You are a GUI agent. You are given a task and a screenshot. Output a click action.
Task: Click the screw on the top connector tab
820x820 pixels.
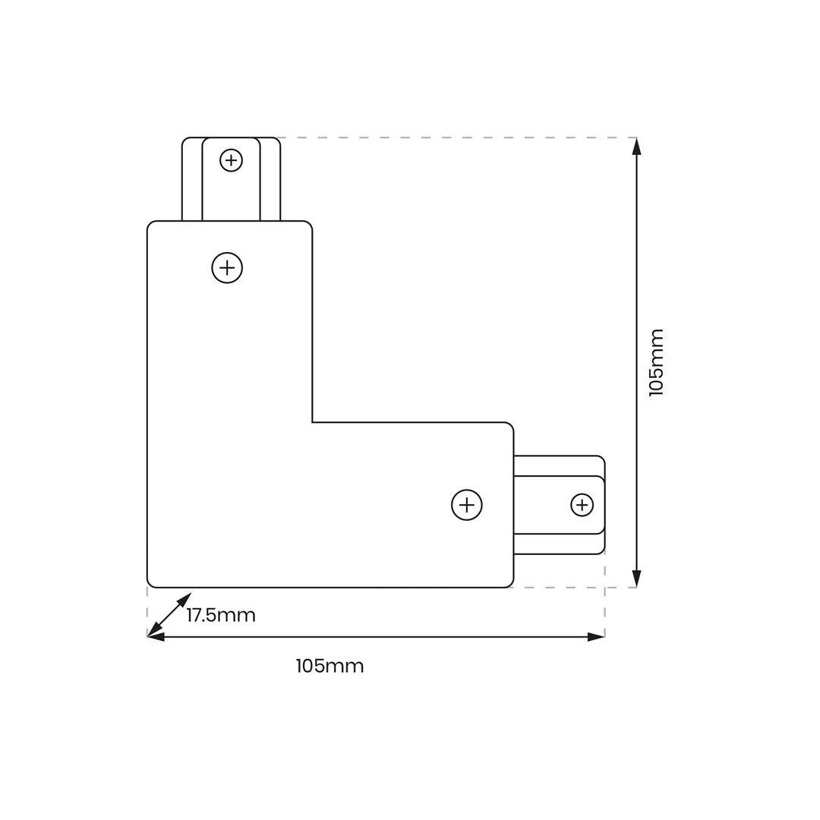pyautogui.click(x=231, y=160)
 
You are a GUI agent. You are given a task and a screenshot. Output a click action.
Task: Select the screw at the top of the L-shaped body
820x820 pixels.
pyautogui.click(x=227, y=268)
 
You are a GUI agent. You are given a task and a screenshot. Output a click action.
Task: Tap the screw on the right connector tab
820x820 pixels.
pyautogui.click(x=582, y=505)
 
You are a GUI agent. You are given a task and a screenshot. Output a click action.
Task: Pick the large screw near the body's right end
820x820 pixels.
pyautogui.click(x=466, y=505)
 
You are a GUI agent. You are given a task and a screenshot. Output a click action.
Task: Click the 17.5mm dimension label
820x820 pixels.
pyautogui.click(x=221, y=615)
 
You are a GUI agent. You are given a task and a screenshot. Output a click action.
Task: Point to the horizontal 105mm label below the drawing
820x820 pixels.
pyautogui.click(x=330, y=667)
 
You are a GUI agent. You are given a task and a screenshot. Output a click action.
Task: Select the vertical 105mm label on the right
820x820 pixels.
pyautogui.click(x=656, y=362)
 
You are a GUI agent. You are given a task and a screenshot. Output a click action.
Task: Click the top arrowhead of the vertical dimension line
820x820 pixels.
pyautogui.click(x=636, y=147)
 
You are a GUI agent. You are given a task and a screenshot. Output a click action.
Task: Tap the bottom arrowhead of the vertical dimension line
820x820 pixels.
pyautogui.click(x=636, y=579)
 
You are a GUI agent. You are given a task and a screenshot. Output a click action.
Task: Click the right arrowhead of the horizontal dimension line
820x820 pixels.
pyautogui.click(x=596, y=637)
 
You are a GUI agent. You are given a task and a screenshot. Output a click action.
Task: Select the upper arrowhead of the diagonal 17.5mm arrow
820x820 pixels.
pyautogui.click(x=185, y=599)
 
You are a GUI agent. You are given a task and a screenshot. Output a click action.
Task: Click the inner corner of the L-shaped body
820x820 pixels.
pyautogui.click(x=312, y=422)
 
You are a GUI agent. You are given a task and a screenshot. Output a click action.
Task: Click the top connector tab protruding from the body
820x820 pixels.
pyautogui.click(x=231, y=179)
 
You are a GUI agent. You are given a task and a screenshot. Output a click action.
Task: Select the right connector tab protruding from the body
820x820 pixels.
pyautogui.click(x=559, y=505)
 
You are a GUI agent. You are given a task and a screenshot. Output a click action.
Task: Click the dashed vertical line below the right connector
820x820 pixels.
pyautogui.click(x=605, y=596)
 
